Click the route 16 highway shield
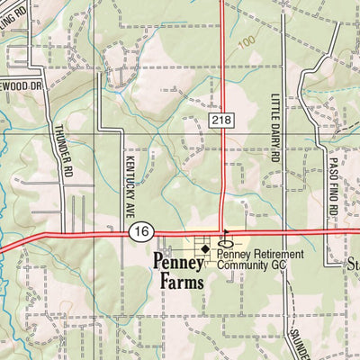click(x=139, y=232)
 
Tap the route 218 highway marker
click(x=224, y=119)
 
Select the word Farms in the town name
click(x=181, y=280)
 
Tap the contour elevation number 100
click(x=247, y=42)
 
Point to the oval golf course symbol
click(x=226, y=244)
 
